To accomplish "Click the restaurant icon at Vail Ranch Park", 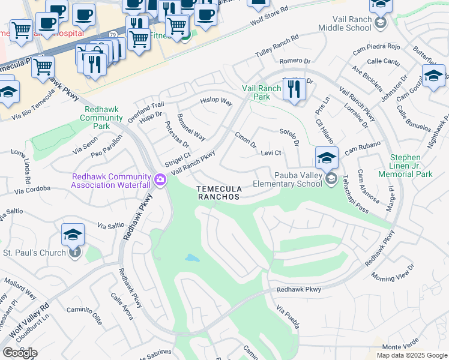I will coord(294,89).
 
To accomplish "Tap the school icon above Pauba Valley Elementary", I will coord(327,158).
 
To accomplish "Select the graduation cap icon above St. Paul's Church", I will coord(73,234).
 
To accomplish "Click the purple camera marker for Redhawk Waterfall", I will coord(160,179).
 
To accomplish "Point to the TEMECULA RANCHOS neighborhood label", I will coord(218,193).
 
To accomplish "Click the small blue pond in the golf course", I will coord(192,258).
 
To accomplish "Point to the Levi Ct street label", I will coord(271,153).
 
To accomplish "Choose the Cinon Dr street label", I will coord(246,140).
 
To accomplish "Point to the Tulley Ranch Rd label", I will coord(276,45).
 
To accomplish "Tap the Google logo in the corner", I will coord(20,353).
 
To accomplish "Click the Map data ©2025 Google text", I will coord(411,355).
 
